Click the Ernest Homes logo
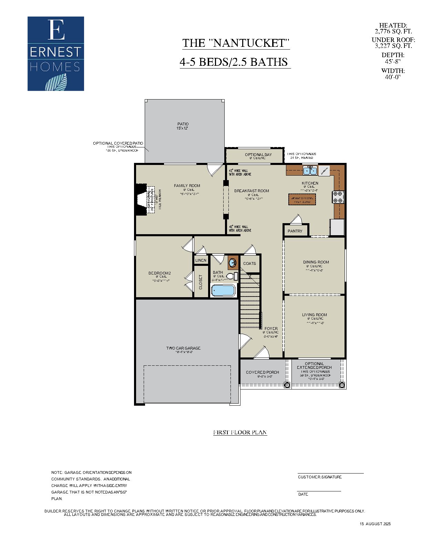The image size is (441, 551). pyautogui.click(x=56, y=54)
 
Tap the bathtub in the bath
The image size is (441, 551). pyautogui.click(x=223, y=291)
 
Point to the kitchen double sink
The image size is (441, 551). pyautogui.click(x=310, y=170)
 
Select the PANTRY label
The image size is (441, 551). pyautogui.click(x=295, y=231)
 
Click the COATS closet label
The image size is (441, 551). pyautogui.click(x=249, y=263)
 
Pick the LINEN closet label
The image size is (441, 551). pyautogui.click(x=201, y=260)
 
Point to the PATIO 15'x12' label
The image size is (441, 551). pyautogui.click(x=183, y=126)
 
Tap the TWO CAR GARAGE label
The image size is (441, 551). pyautogui.click(x=183, y=348)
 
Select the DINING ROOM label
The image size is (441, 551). pyautogui.click(x=316, y=262)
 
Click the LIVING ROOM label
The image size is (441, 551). pyautogui.click(x=315, y=315)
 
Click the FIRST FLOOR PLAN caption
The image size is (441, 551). pyautogui.click(x=240, y=433)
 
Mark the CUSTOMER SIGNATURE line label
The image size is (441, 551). pyautogui.click(x=320, y=477)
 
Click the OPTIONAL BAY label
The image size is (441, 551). pyautogui.click(x=258, y=155)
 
